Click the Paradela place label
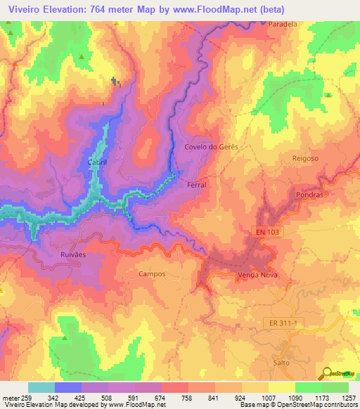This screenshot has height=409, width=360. tap(283, 23)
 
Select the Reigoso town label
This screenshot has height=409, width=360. tap(305, 159)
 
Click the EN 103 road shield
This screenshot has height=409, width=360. tap(268, 232)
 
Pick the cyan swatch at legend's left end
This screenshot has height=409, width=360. tap(41, 387)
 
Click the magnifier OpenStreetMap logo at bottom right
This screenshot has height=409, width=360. tap(326, 372)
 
